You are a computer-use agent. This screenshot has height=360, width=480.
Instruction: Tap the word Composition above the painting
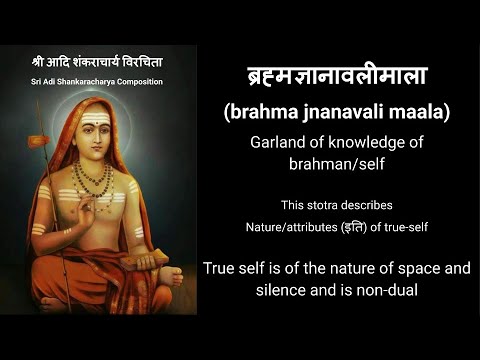click(x=159, y=81)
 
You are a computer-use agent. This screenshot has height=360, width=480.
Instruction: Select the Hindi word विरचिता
click(x=154, y=61)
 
